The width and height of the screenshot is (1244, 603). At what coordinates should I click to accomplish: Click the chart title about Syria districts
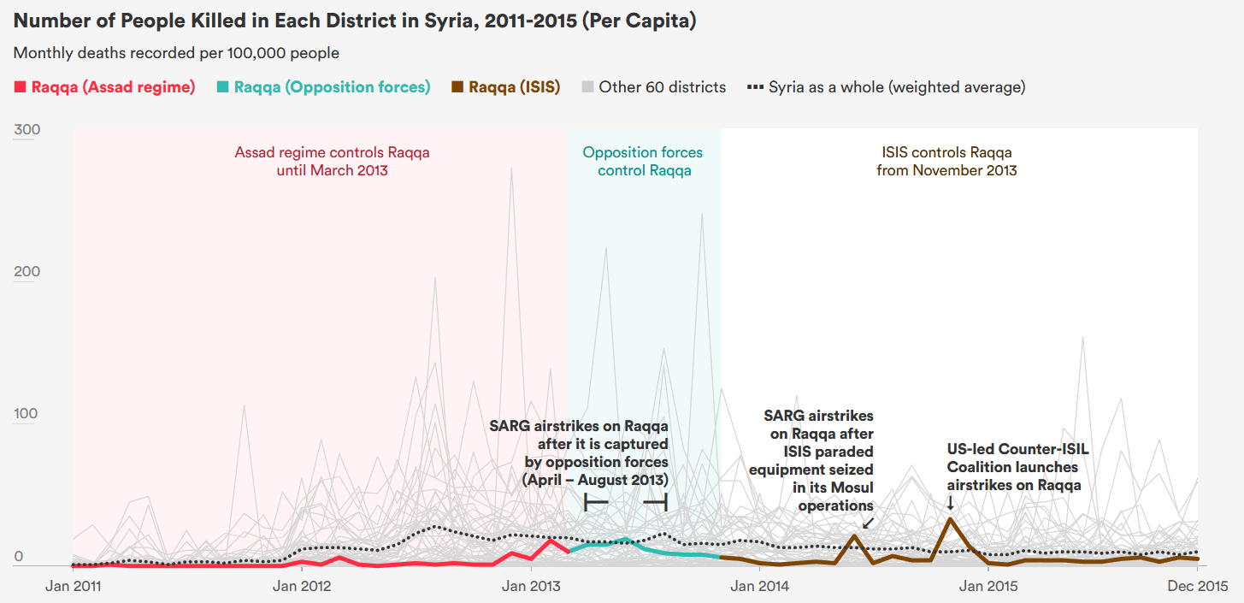[355, 21]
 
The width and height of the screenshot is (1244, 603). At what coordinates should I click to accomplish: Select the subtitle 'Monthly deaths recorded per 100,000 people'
[176, 53]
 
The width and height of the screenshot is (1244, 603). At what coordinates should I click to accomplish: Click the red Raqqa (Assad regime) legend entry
[105, 86]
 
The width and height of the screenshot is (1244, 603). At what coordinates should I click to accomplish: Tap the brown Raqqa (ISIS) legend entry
[506, 86]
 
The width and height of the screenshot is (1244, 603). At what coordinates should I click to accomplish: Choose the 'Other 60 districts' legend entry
[653, 86]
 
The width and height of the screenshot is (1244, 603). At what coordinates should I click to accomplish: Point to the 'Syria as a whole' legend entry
[887, 86]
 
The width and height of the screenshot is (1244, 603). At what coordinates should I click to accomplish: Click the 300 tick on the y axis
[27, 130]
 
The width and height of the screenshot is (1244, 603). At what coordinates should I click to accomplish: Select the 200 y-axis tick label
[27, 272]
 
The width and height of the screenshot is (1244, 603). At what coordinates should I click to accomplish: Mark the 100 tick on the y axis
[27, 414]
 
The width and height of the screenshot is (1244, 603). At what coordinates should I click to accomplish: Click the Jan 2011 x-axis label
[73, 586]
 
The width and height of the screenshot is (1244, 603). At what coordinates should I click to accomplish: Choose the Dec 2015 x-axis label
[1197, 586]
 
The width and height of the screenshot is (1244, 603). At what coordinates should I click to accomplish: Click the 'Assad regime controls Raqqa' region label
[332, 161]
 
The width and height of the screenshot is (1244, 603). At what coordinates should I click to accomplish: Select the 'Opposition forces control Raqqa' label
[643, 161]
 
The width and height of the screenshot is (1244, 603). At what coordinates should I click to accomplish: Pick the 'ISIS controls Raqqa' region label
[946, 161]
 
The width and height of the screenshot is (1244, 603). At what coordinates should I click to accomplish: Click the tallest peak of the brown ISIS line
[949, 518]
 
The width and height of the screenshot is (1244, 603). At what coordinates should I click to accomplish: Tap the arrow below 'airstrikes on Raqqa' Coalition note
[950, 503]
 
